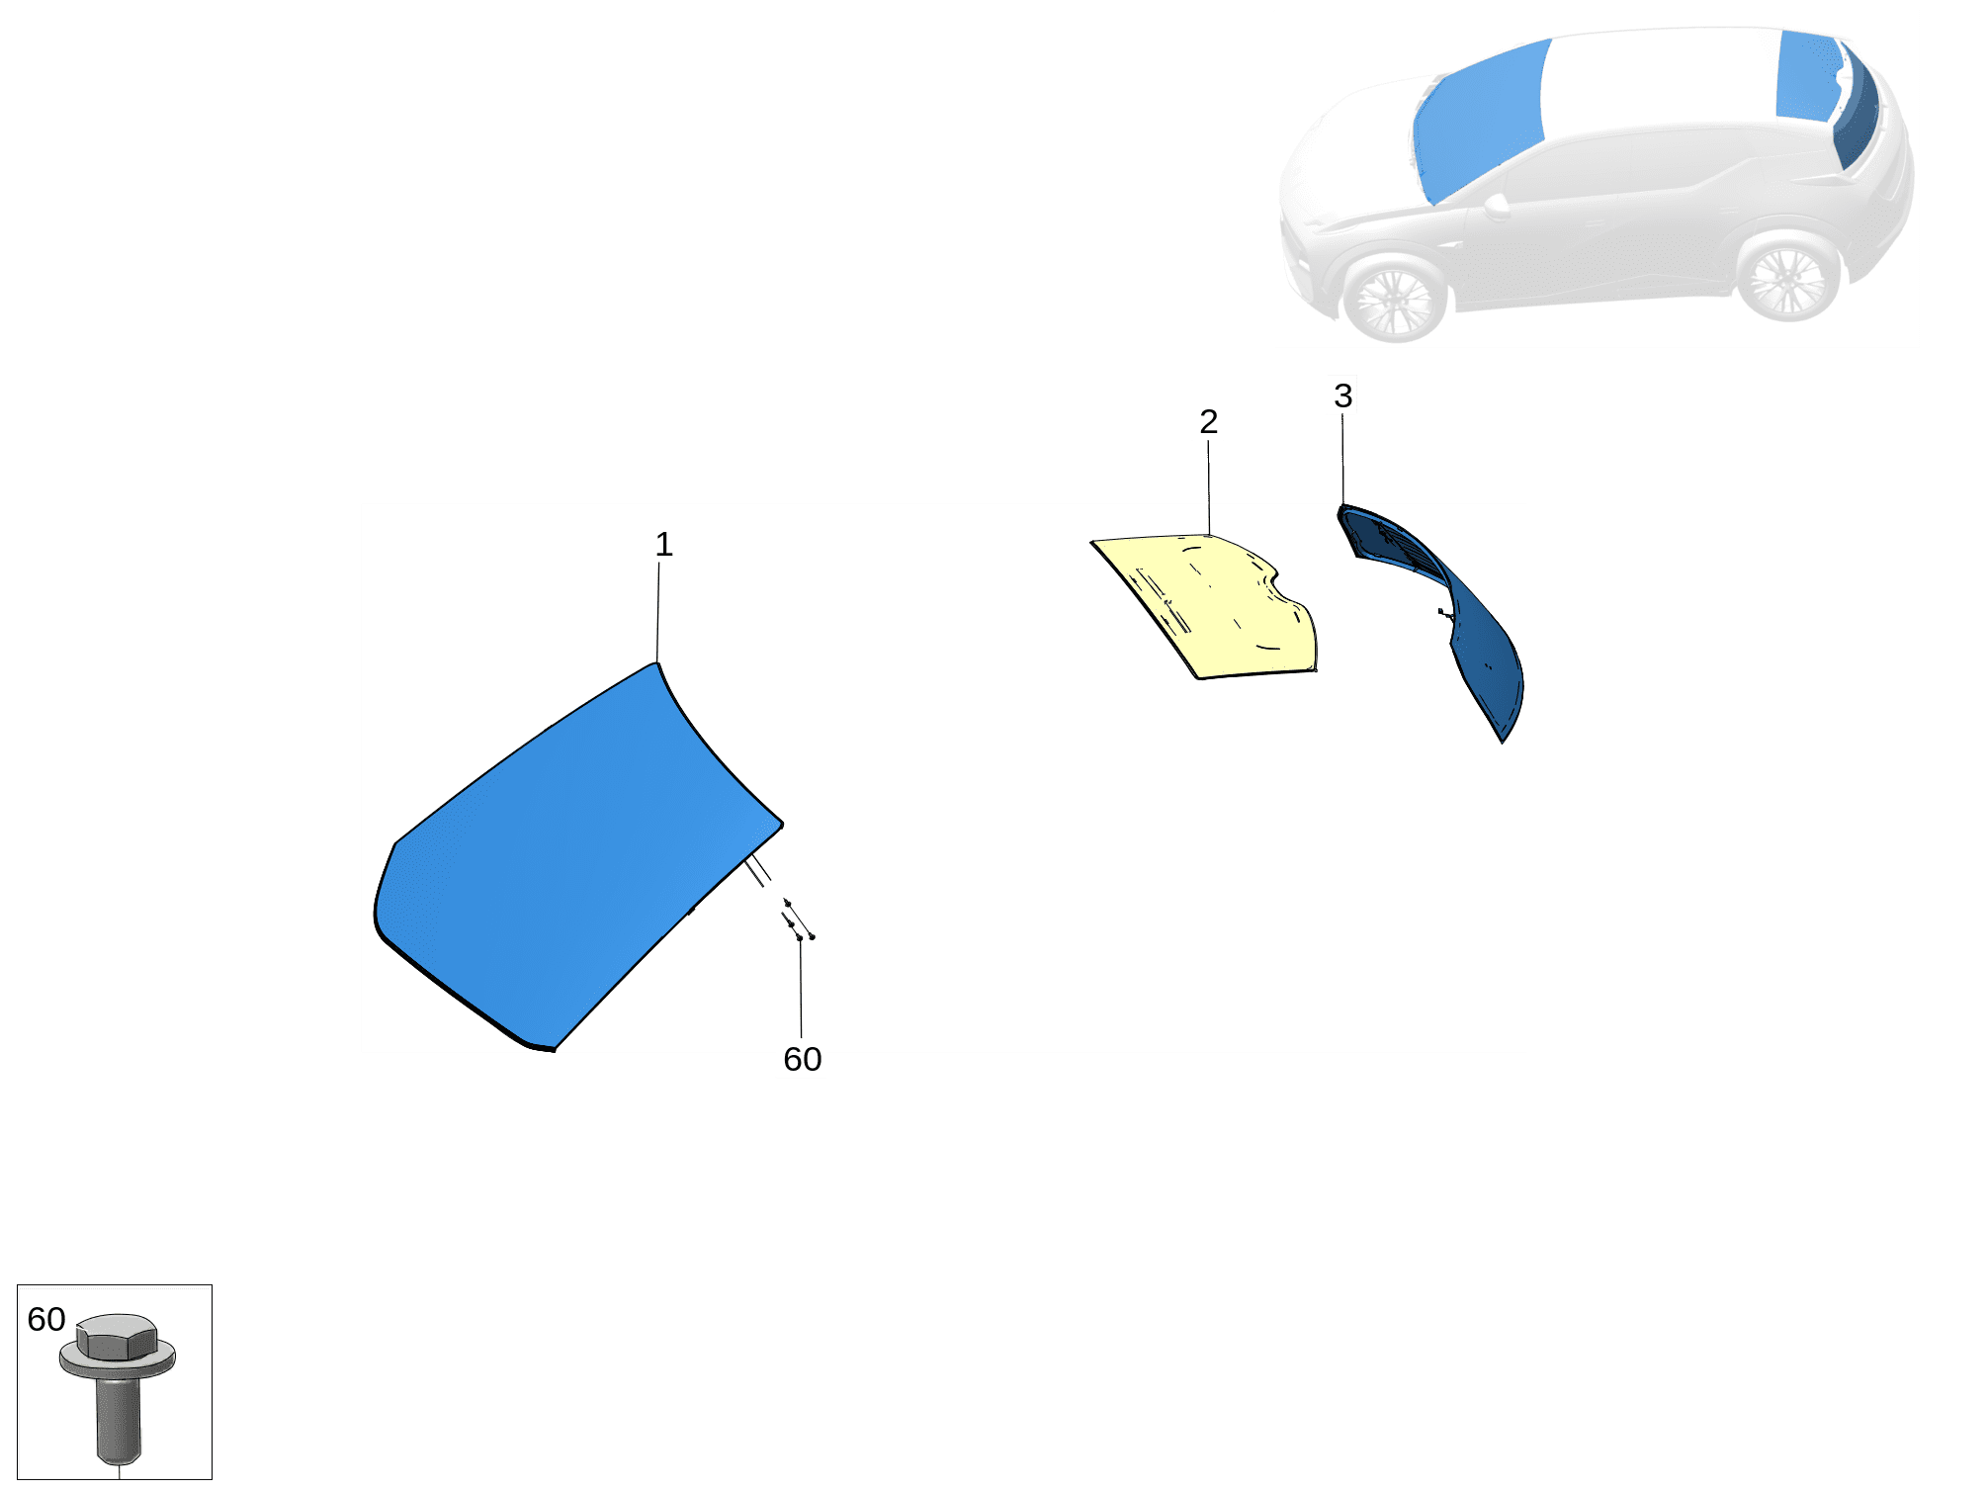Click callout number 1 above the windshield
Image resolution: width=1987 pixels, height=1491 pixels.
(x=664, y=545)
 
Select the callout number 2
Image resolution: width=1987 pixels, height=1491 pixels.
(x=1208, y=421)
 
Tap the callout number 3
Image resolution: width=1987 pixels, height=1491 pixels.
(x=1342, y=395)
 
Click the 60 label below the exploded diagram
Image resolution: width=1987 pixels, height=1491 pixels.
(x=802, y=1060)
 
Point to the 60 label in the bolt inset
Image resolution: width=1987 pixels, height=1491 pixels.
(x=45, y=1320)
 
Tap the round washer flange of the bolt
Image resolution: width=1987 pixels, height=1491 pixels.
(x=118, y=1361)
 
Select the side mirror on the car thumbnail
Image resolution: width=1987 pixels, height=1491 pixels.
(x=1497, y=206)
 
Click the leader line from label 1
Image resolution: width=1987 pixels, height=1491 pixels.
(x=658, y=613)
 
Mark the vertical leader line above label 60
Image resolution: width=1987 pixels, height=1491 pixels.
(x=801, y=989)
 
